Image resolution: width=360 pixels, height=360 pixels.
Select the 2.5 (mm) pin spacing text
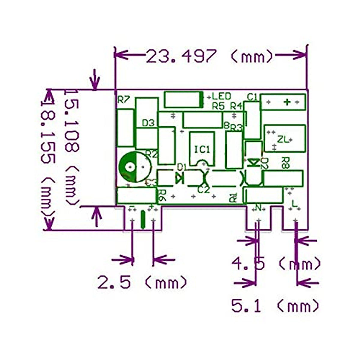coord(114,283)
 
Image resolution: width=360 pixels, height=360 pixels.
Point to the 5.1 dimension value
coord(246,306)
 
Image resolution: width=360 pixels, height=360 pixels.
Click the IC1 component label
coord(202,149)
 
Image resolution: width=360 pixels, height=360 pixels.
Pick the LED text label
coord(221,96)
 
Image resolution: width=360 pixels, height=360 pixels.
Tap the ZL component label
coord(282,139)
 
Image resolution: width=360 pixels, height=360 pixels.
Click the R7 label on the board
coord(123,99)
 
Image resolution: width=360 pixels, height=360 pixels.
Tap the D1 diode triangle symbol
coord(179,178)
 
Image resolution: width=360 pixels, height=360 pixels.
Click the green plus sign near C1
coord(287,102)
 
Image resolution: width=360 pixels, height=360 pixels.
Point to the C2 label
coord(204,190)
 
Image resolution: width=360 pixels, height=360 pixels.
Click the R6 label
coord(162,195)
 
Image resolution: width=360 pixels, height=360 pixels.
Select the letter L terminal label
coord(294,204)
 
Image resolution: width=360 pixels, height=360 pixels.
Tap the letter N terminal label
coord(257,207)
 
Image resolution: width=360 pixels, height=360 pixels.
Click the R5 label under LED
coord(218,106)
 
